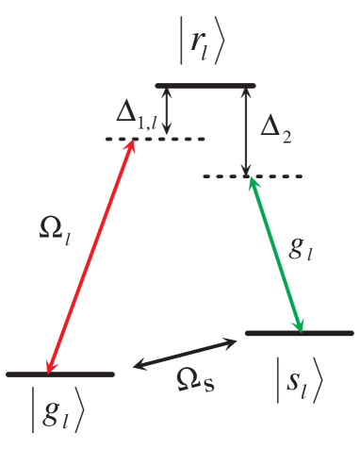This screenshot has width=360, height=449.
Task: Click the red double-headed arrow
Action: point(91,256)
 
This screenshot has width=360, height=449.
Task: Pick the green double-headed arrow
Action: point(275,255)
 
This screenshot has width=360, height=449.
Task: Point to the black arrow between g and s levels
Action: point(186,353)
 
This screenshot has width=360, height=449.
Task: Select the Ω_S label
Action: point(198,379)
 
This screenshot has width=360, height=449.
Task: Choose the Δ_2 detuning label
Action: point(274,127)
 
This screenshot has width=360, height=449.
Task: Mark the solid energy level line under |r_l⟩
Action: point(205,87)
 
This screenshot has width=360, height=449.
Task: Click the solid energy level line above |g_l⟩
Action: point(61,374)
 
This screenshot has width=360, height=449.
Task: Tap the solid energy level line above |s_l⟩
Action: point(300,333)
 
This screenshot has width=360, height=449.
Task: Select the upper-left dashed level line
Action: point(155,140)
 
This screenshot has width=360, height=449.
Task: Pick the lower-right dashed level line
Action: point(252,176)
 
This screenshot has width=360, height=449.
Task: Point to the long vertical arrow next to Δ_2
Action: point(247,132)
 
